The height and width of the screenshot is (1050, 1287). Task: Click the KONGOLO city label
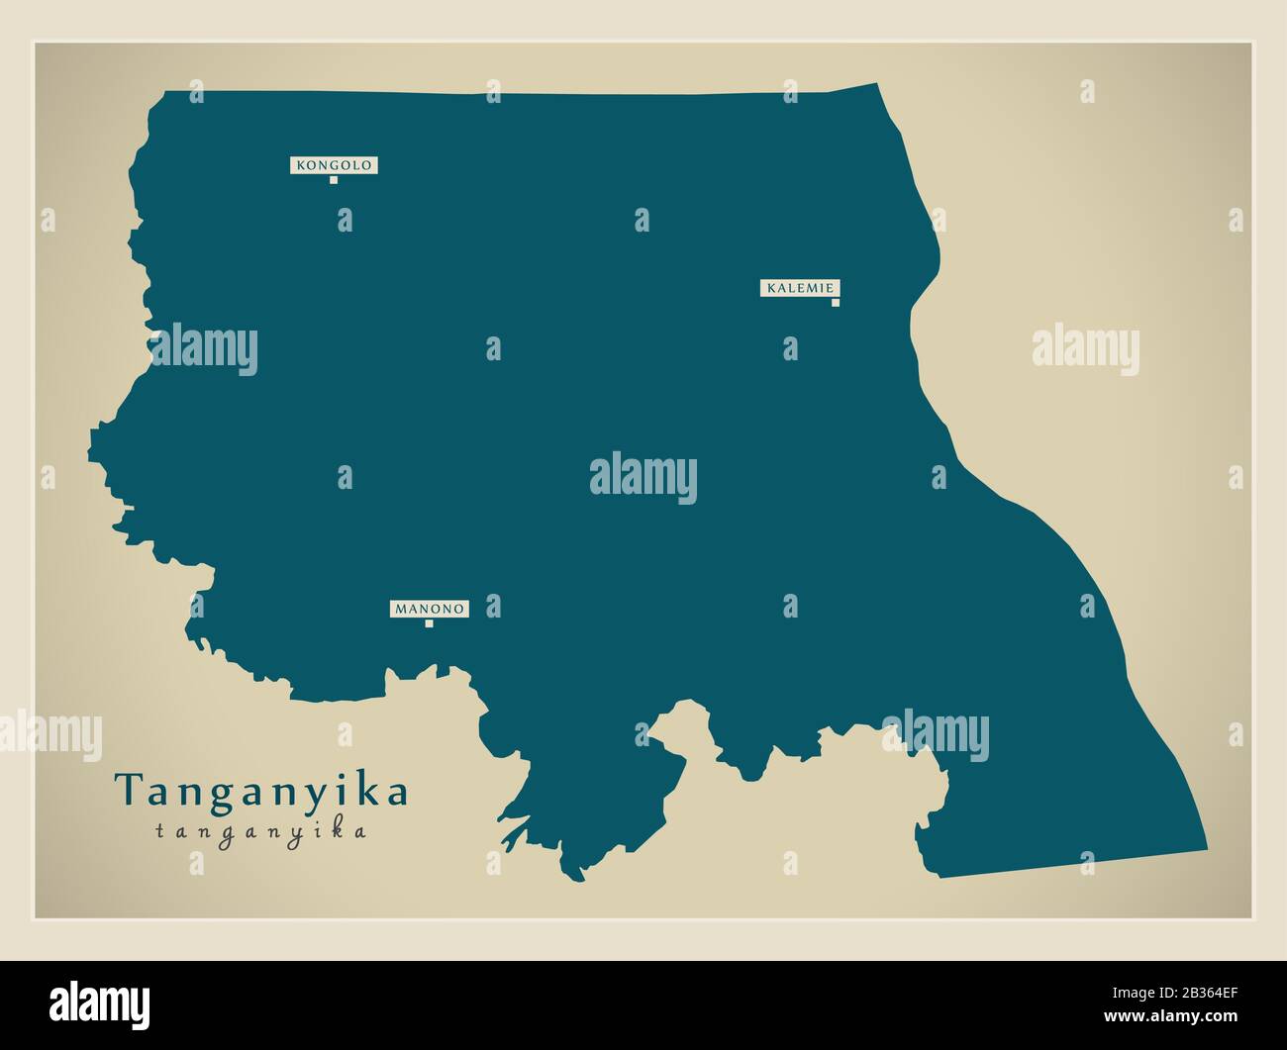click(x=334, y=165)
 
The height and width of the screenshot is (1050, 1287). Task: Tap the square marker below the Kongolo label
click(x=334, y=180)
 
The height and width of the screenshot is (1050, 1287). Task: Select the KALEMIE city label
click(x=801, y=288)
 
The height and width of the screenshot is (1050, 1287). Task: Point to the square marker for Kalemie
click(x=836, y=303)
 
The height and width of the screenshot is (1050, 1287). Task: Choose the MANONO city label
click(x=429, y=609)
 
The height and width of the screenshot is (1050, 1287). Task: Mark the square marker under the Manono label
click(x=429, y=623)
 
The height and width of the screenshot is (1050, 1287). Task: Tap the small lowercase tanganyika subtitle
click(x=261, y=831)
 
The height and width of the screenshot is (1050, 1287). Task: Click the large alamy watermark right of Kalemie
click(x=1086, y=350)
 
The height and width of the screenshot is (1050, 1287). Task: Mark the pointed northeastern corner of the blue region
click(x=876, y=84)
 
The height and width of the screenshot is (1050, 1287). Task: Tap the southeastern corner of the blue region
click(x=1207, y=849)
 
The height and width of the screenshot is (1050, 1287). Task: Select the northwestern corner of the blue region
click(x=164, y=93)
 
